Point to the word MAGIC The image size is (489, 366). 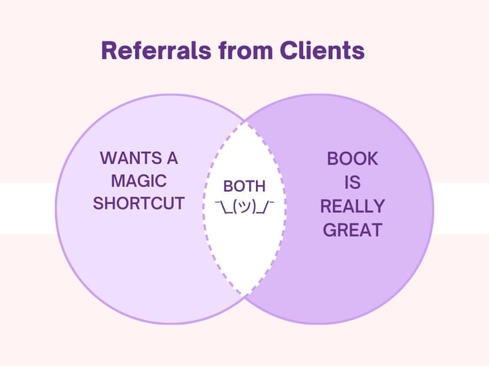coord(139,181)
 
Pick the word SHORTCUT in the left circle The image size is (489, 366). coord(139,203)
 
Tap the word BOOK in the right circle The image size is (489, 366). coord(352,159)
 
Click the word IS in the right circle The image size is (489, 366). coord(352,182)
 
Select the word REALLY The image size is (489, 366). coord(352,206)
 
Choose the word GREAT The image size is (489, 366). coord(352,230)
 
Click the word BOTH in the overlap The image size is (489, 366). coord(244,186)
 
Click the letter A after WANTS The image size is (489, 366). coord(172,159)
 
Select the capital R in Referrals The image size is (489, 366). coord(109,51)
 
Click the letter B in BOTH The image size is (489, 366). coord(228,186)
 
